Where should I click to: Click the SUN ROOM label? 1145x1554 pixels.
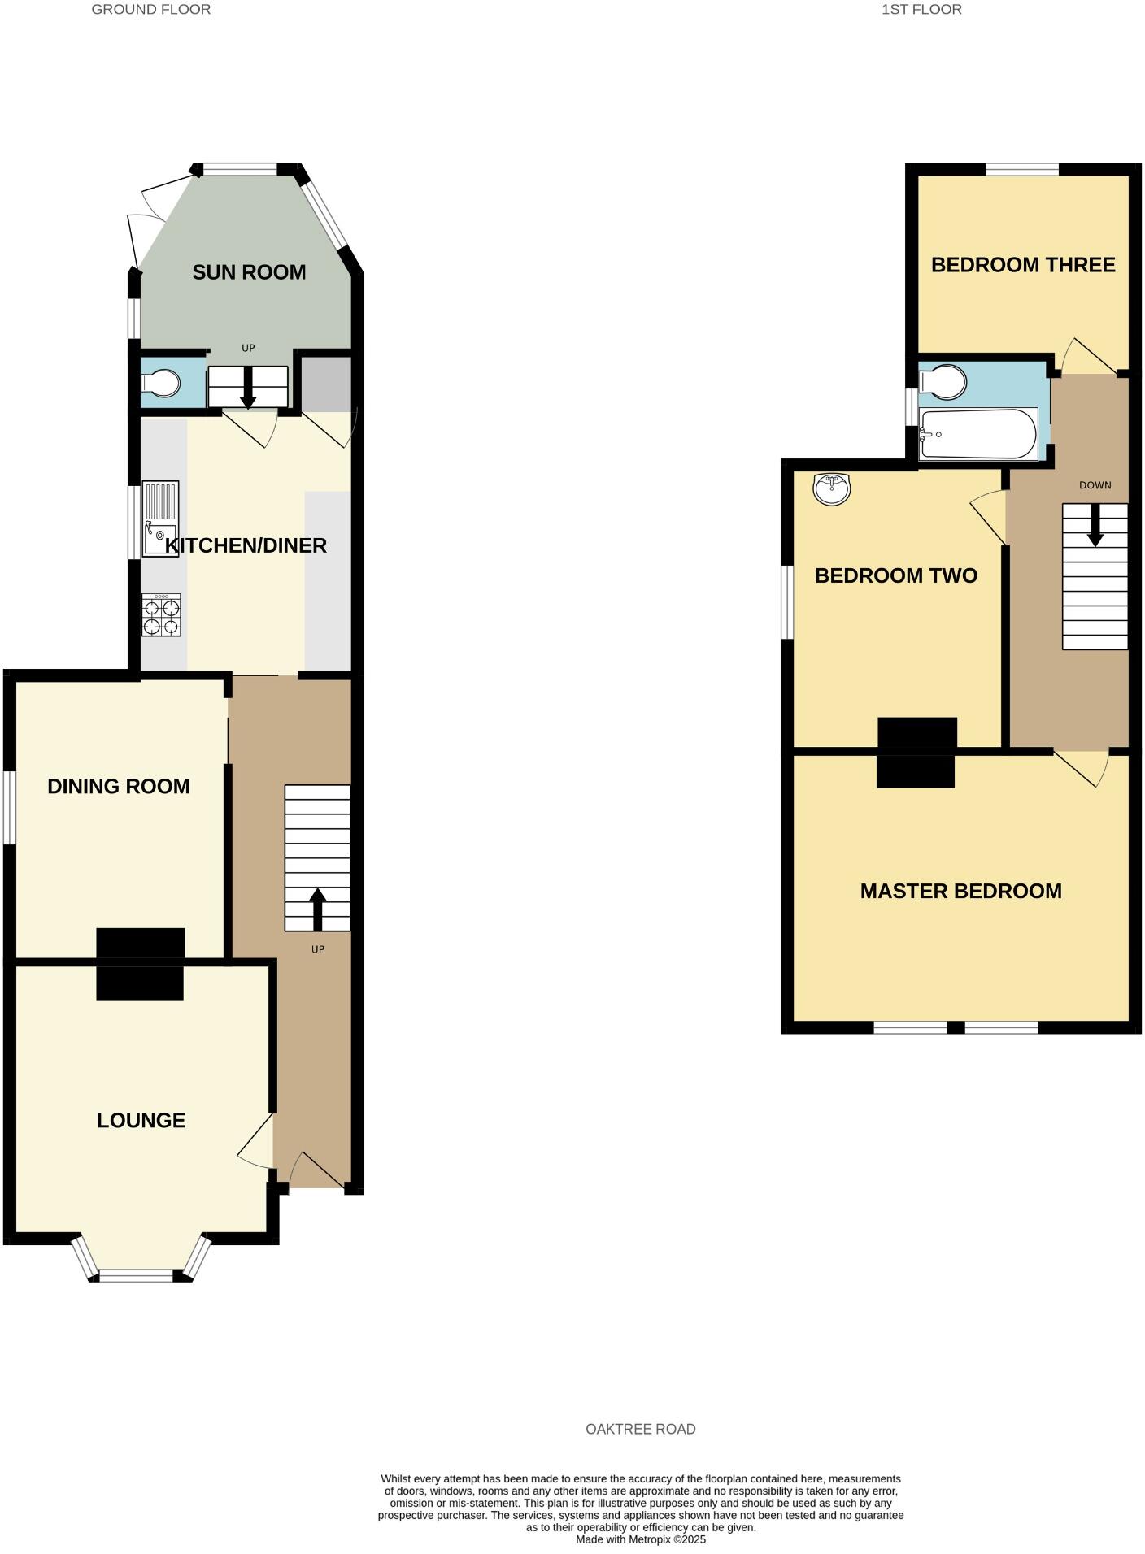click(x=249, y=271)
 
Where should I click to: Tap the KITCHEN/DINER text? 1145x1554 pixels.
click(x=246, y=545)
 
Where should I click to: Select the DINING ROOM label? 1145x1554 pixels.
click(x=119, y=786)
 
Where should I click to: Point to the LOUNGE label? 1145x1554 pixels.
click(x=141, y=1120)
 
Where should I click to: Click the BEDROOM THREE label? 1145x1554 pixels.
click(x=1023, y=264)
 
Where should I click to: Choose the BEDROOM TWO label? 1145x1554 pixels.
click(x=896, y=575)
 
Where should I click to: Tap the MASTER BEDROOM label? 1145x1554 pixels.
click(x=960, y=891)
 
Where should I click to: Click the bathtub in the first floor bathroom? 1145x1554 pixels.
click(x=978, y=434)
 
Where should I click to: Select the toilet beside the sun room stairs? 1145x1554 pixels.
click(x=160, y=384)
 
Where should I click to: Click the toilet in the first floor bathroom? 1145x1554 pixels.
click(x=943, y=381)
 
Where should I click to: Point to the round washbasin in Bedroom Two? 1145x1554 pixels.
click(x=831, y=488)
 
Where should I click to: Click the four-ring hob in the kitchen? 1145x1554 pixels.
click(x=160, y=615)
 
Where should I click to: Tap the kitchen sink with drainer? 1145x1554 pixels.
click(x=160, y=519)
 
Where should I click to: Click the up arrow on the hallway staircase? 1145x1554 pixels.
click(x=317, y=909)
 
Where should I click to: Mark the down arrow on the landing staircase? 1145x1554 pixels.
click(x=1095, y=525)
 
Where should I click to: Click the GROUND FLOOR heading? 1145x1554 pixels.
click(x=151, y=10)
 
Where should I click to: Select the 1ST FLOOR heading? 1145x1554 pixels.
click(x=921, y=10)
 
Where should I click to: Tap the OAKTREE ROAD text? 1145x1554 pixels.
click(x=641, y=1429)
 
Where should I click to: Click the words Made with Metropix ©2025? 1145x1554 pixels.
click(x=641, y=1539)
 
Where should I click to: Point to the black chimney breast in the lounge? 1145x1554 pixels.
click(x=140, y=983)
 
